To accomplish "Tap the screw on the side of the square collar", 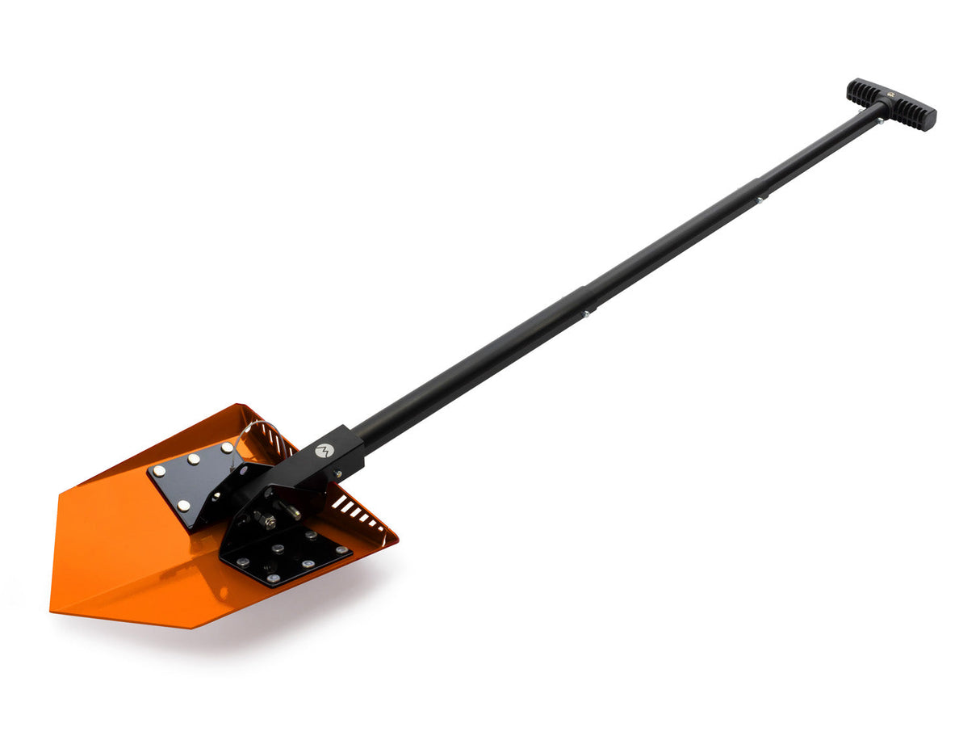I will [340, 473].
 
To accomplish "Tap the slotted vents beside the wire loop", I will [278, 442].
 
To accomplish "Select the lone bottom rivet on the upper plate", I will [183, 505].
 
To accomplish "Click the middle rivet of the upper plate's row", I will [195, 458].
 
